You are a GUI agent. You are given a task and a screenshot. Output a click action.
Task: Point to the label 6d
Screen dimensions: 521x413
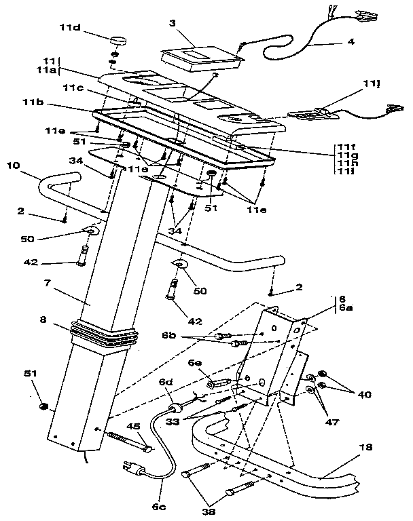(x=166, y=382)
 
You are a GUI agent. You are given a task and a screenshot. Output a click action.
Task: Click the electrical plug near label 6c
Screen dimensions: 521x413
(x=132, y=470)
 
